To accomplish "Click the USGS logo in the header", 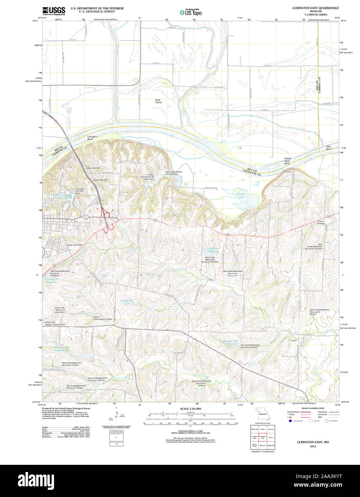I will click(54, 11).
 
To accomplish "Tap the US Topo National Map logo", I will click(190, 12).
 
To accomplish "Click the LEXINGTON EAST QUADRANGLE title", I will click(315, 8).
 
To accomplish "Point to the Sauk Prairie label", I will click(158, 101).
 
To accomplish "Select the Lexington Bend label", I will click(92, 138).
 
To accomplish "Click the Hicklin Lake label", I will click(241, 196).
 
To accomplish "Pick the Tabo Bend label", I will click(328, 147).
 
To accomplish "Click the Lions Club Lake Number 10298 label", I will click(63, 196).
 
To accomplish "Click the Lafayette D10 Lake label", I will click(213, 250).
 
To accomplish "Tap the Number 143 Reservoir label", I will click(230, 343).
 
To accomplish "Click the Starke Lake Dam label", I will click(101, 180).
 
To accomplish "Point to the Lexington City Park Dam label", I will click(80, 191).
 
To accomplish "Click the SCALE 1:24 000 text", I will click(190, 408).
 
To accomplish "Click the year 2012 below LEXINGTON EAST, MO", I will click(313, 446).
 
